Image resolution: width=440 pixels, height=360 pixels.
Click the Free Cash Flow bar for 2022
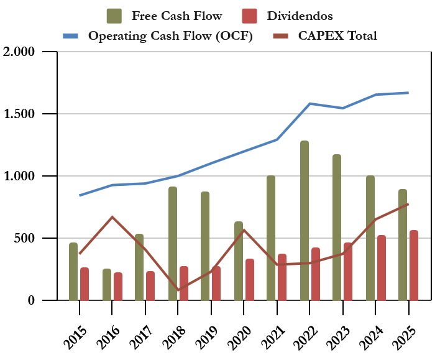[305, 221]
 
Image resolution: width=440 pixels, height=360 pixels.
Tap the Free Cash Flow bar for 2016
[107, 285]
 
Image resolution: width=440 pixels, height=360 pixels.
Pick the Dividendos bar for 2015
[85, 284]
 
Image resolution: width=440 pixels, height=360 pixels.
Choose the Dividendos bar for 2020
[250, 280]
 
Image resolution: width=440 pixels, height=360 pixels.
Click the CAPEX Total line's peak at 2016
[112, 217]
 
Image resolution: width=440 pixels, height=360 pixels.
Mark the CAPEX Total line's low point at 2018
[178, 290]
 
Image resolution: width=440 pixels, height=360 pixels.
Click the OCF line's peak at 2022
[310, 104]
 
